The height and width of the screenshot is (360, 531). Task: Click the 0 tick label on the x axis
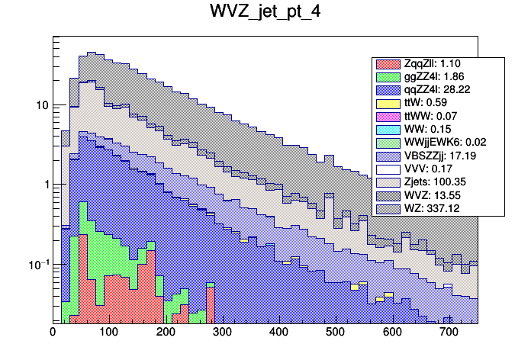pos(53,333)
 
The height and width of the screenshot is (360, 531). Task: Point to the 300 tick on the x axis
pos(222,333)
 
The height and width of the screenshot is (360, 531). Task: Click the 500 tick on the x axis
pos(335,333)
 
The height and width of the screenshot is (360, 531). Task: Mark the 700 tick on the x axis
pos(448,333)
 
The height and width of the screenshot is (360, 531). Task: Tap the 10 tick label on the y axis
pos(40,105)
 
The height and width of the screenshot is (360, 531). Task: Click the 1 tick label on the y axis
pos(44,185)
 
